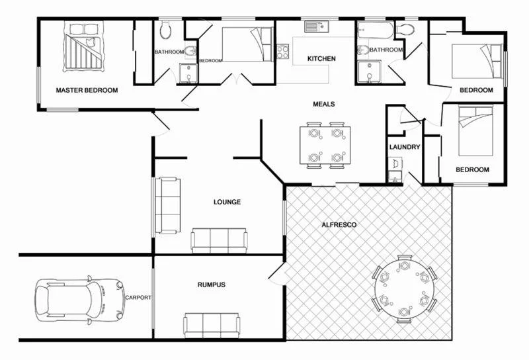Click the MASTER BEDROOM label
point(87,91)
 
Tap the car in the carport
point(79,301)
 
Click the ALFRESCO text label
point(339,225)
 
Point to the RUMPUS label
point(212,285)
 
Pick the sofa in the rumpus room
point(212,324)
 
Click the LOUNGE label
point(227,202)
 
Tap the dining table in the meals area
point(325,146)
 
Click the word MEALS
point(324,105)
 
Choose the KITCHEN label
point(322,59)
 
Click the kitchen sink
point(317,27)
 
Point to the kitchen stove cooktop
point(283,51)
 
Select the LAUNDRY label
point(405,147)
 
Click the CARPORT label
point(138,298)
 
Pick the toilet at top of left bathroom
point(166,28)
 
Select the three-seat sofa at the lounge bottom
point(219,240)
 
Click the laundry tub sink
point(395,163)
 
